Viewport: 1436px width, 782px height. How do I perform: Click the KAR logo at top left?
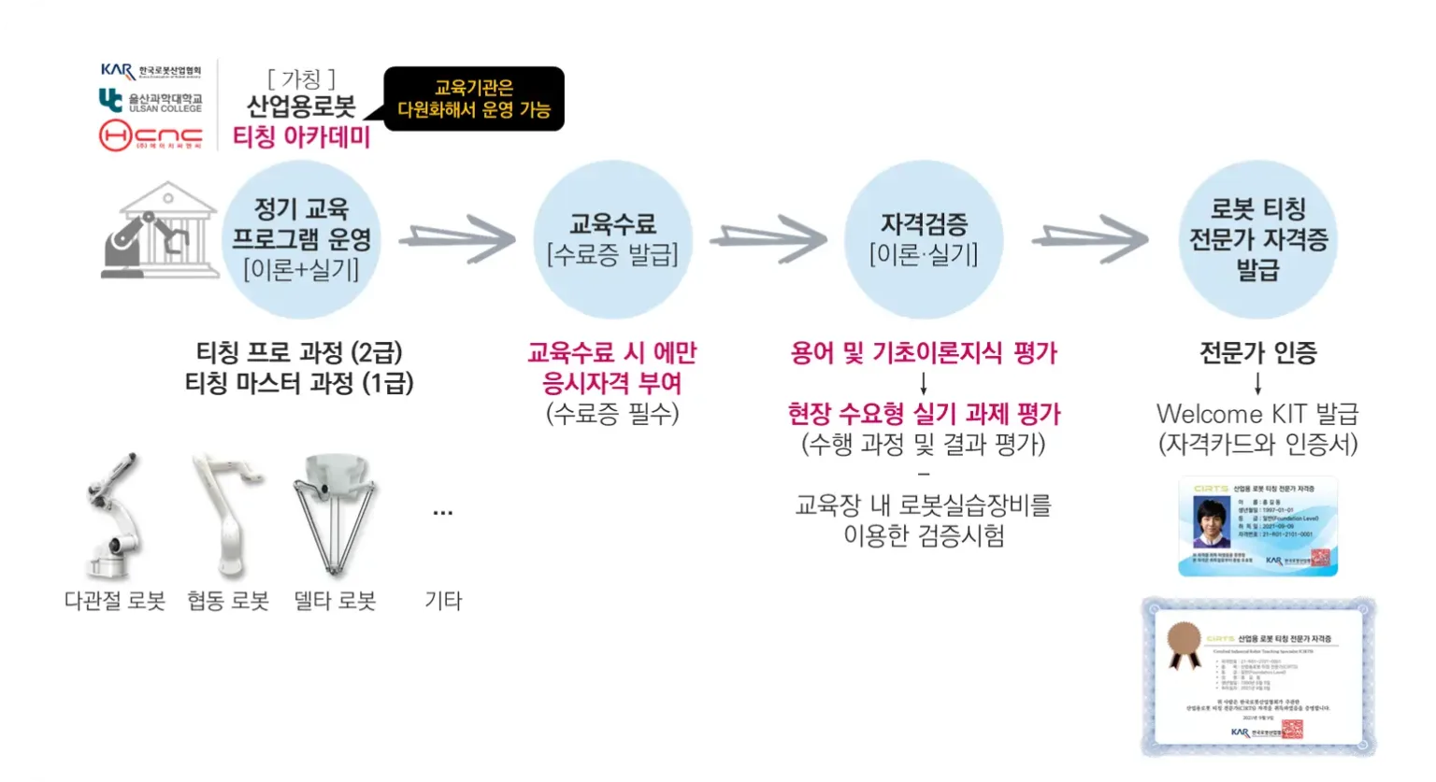point(151,71)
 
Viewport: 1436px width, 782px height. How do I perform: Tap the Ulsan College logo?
point(151,101)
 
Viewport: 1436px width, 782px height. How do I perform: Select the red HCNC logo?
point(151,136)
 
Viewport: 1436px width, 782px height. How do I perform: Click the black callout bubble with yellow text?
point(474,99)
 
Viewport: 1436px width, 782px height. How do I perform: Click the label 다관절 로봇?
point(115,601)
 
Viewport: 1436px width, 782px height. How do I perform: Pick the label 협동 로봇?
point(227,601)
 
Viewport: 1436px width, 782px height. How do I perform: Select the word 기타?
point(443,601)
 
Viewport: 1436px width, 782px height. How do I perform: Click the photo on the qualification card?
point(1213,522)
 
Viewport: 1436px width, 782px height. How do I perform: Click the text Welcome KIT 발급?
point(1257,414)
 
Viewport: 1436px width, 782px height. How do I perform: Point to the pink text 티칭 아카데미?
point(301,137)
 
